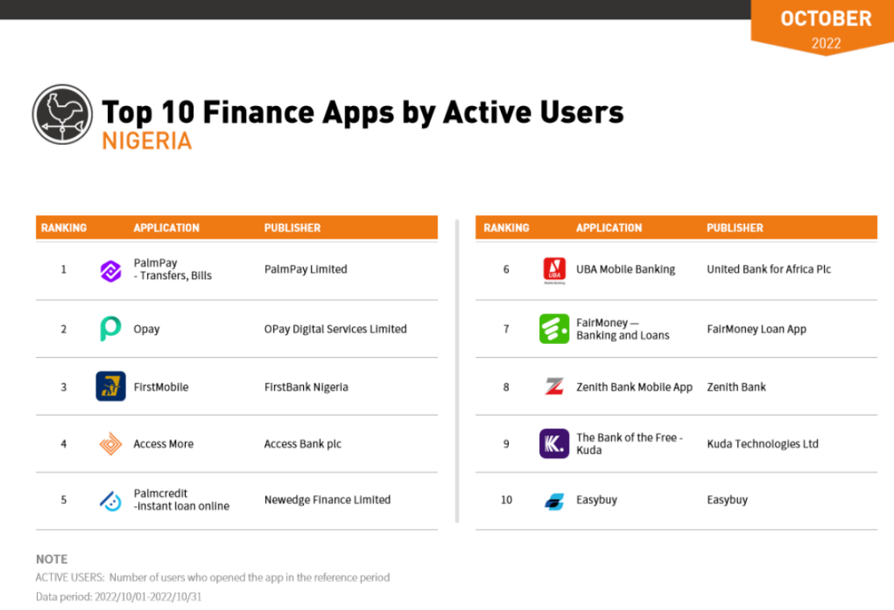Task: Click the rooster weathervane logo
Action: pyautogui.click(x=62, y=114)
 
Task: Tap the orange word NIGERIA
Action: pyautogui.click(x=147, y=141)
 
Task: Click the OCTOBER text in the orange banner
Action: pyautogui.click(x=826, y=18)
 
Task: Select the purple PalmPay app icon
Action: pyautogui.click(x=111, y=271)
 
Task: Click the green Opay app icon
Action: pyautogui.click(x=110, y=329)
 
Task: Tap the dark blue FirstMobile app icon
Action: pyautogui.click(x=111, y=386)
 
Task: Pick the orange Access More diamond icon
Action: pyautogui.click(x=111, y=444)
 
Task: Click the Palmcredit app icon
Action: pyautogui.click(x=111, y=501)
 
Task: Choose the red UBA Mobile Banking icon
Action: pyautogui.click(x=554, y=270)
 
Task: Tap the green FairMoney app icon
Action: pyautogui.click(x=554, y=329)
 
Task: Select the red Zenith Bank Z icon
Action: pyautogui.click(x=554, y=387)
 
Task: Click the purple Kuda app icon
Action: pyautogui.click(x=554, y=444)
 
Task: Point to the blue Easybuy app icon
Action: pyautogui.click(x=554, y=502)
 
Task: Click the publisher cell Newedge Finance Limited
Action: pyautogui.click(x=327, y=500)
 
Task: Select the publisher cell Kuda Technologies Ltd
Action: pyautogui.click(x=763, y=444)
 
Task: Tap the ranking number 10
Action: pyautogui.click(x=506, y=500)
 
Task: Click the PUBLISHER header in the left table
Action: pyautogui.click(x=293, y=228)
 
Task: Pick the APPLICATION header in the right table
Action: pyautogui.click(x=609, y=228)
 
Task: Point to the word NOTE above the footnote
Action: pyautogui.click(x=52, y=559)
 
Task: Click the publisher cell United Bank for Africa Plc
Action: pyautogui.click(x=769, y=269)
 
